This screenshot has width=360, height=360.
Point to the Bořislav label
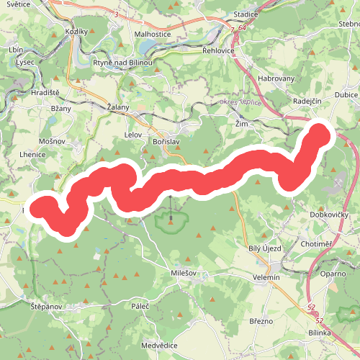click(x=166, y=143)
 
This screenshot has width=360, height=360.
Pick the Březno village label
click(x=262, y=321)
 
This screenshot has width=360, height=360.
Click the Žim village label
click(x=242, y=123)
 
